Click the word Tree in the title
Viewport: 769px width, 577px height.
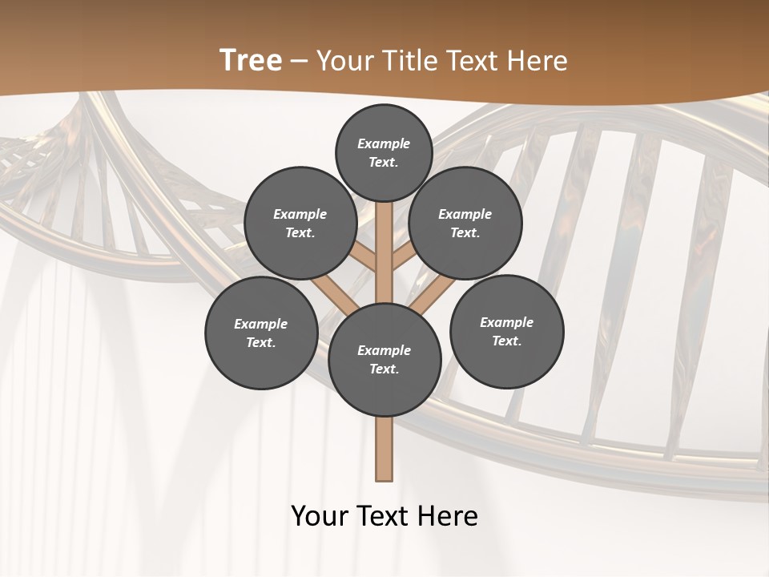pyautogui.click(x=251, y=61)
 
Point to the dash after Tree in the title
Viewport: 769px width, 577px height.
pyautogui.click(x=299, y=62)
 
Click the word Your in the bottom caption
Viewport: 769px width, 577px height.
pyautogui.click(x=320, y=516)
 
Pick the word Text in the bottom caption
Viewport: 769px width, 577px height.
pyautogui.click(x=384, y=516)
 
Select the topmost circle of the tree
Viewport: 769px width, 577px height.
pyautogui.click(x=384, y=152)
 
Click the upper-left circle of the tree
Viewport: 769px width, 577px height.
pyautogui.click(x=300, y=223)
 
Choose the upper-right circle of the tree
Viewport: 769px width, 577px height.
pyautogui.click(x=465, y=223)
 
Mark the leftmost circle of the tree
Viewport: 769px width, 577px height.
pyautogui.click(x=261, y=333)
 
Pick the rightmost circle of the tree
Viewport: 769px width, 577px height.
pyautogui.click(x=507, y=331)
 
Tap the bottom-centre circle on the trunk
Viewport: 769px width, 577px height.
pyautogui.click(x=384, y=360)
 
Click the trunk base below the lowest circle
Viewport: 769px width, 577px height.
pyautogui.click(x=384, y=449)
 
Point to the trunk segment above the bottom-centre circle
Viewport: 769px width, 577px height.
pyautogui.click(x=384, y=252)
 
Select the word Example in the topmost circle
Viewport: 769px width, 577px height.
pyautogui.click(x=384, y=143)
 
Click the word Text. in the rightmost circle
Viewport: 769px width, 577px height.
pyautogui.click(x=507, y=341)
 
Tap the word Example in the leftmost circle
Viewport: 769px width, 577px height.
pyautogui.click(x=261, y=324)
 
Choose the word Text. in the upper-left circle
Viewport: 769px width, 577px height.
pyautogui.click(x=300, y=232)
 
